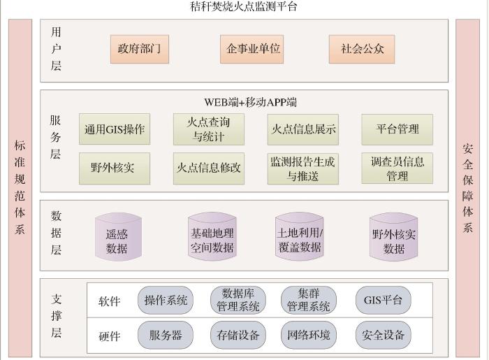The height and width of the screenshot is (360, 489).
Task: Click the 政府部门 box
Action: [140, 50]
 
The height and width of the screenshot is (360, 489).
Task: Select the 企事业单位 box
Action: [254, 50]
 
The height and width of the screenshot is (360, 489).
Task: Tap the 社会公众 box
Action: [363, 50]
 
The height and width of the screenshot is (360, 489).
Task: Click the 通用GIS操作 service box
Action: [115, 129]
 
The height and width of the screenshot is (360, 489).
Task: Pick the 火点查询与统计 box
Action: [208, 129]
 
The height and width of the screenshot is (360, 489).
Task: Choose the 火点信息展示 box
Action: [302, 129]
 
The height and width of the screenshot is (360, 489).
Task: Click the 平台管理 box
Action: [397, 129]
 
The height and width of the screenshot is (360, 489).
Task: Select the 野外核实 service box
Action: [115, 168]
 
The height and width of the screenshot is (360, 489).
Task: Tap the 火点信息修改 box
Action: [208, 168]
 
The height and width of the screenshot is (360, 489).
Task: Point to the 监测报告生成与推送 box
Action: [302, 168]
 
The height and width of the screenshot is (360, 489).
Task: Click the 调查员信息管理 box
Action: [397, 168]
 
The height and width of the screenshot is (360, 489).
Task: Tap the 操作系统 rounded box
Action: [166, 301]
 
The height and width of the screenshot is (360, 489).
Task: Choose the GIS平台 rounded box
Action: [383, 301]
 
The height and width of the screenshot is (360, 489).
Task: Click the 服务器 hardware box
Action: [166, 336]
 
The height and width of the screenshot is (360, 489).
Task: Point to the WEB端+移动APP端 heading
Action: [250, 102]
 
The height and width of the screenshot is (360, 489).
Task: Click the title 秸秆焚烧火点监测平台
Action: [244, 7]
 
